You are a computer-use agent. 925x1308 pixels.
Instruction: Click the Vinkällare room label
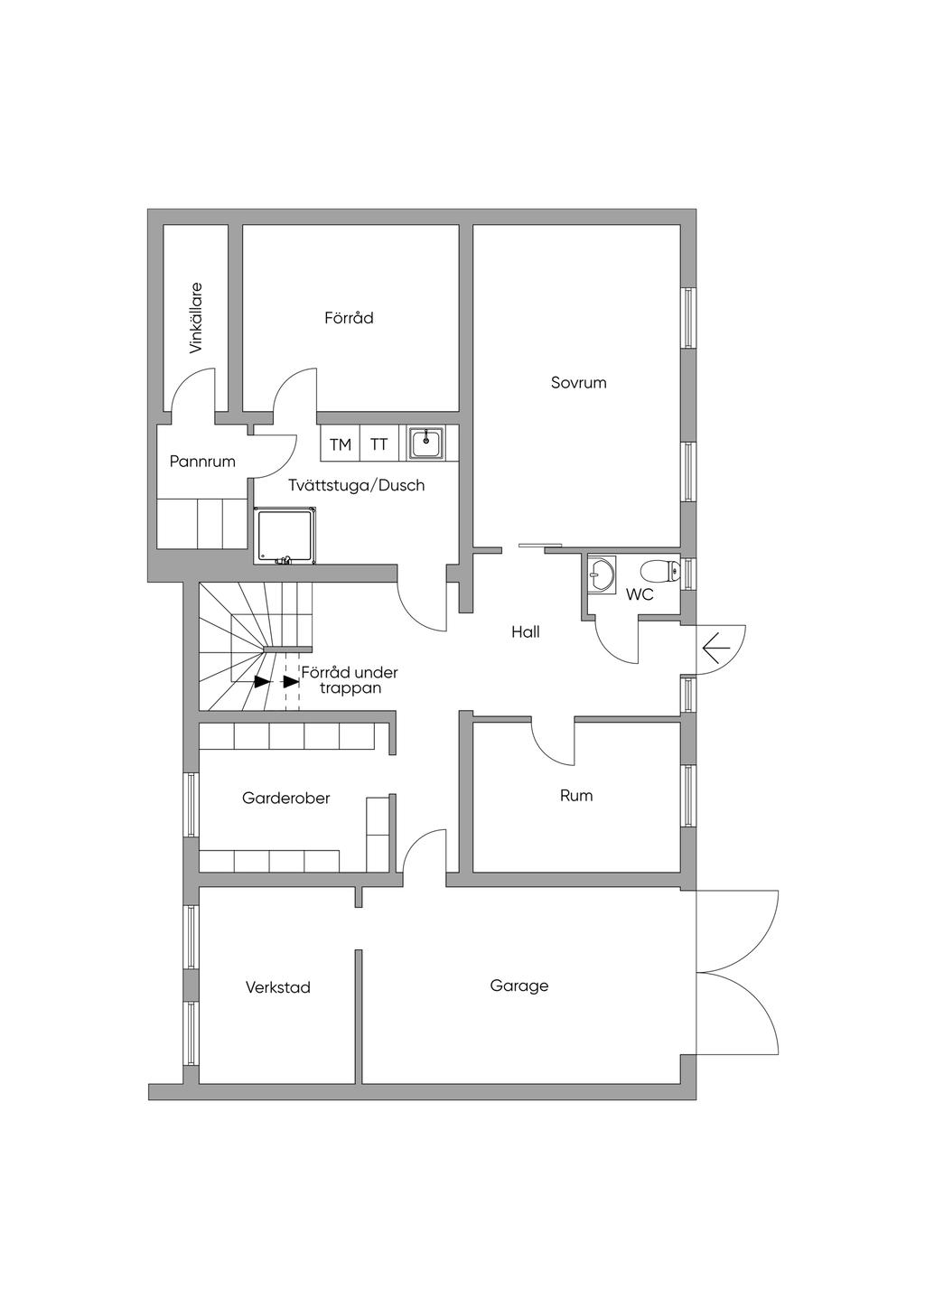(x=196, y=318)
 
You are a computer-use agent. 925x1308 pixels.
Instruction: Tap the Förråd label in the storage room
(x=349, y=318)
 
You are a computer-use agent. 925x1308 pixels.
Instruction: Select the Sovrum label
(x=579, y=382)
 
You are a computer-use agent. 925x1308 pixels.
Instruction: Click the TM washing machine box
(x=340, y=444)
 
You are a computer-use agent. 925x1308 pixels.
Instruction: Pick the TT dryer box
(x=379, y=444)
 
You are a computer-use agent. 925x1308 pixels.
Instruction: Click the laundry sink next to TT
(x=425, y=444)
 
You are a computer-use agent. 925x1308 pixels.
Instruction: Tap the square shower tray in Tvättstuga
(x=285, y=536)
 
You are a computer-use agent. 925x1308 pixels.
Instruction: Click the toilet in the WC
(x=660, y=571)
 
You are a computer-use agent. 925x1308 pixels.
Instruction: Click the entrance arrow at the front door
(x=716, y=649)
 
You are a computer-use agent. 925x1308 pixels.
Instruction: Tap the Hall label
(x=526, y=631)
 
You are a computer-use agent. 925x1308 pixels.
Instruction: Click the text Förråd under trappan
(x=350, y=679)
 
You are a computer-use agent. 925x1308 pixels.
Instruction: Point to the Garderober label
(x=286, y=798)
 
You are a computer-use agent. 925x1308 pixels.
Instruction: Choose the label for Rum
(x=576, y=795)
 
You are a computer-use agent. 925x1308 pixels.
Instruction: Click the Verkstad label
(x=278, y=987)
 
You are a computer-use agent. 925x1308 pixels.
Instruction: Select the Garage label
(x=519, y=986)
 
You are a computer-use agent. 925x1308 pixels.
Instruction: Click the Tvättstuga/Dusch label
(x=356, y=485)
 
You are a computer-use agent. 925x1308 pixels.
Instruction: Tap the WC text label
(x=640, y=595)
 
